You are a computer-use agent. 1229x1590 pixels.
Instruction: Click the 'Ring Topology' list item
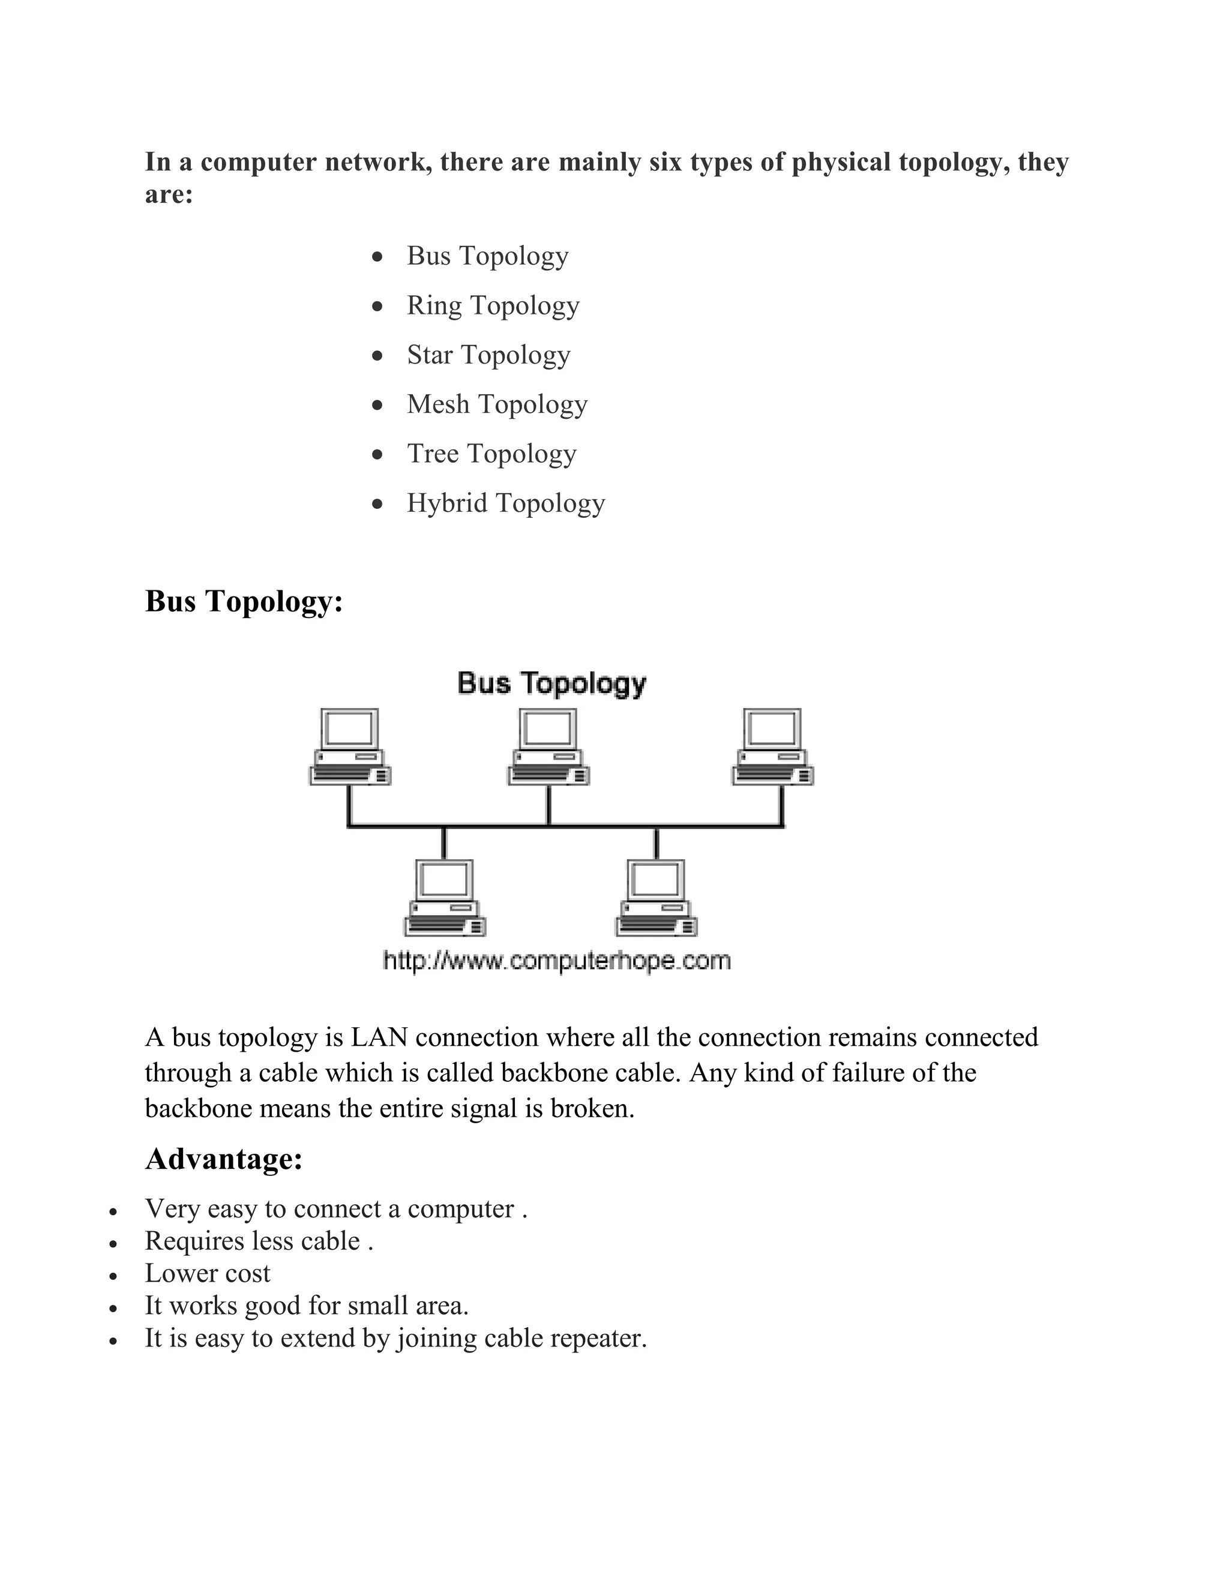(493, 306)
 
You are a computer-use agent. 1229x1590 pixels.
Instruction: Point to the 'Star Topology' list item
(488, 355)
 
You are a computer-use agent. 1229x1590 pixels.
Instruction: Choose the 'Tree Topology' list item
(491, 454)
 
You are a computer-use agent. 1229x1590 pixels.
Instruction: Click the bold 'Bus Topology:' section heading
(244, 601)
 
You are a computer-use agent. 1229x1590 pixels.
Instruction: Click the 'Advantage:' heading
(223, 1159)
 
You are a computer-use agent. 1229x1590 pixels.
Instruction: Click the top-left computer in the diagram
(350, 747)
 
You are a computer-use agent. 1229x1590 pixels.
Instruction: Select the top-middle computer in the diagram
(548, 747)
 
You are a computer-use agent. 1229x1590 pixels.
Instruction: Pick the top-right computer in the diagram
(772, 747)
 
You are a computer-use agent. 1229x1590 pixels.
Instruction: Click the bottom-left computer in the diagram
(445, 898)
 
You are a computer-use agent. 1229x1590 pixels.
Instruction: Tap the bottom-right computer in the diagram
(656, 898)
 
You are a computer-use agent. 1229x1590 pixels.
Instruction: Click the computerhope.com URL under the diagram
(557, 961)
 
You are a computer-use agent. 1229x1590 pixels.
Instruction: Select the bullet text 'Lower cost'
(208, 1273)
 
